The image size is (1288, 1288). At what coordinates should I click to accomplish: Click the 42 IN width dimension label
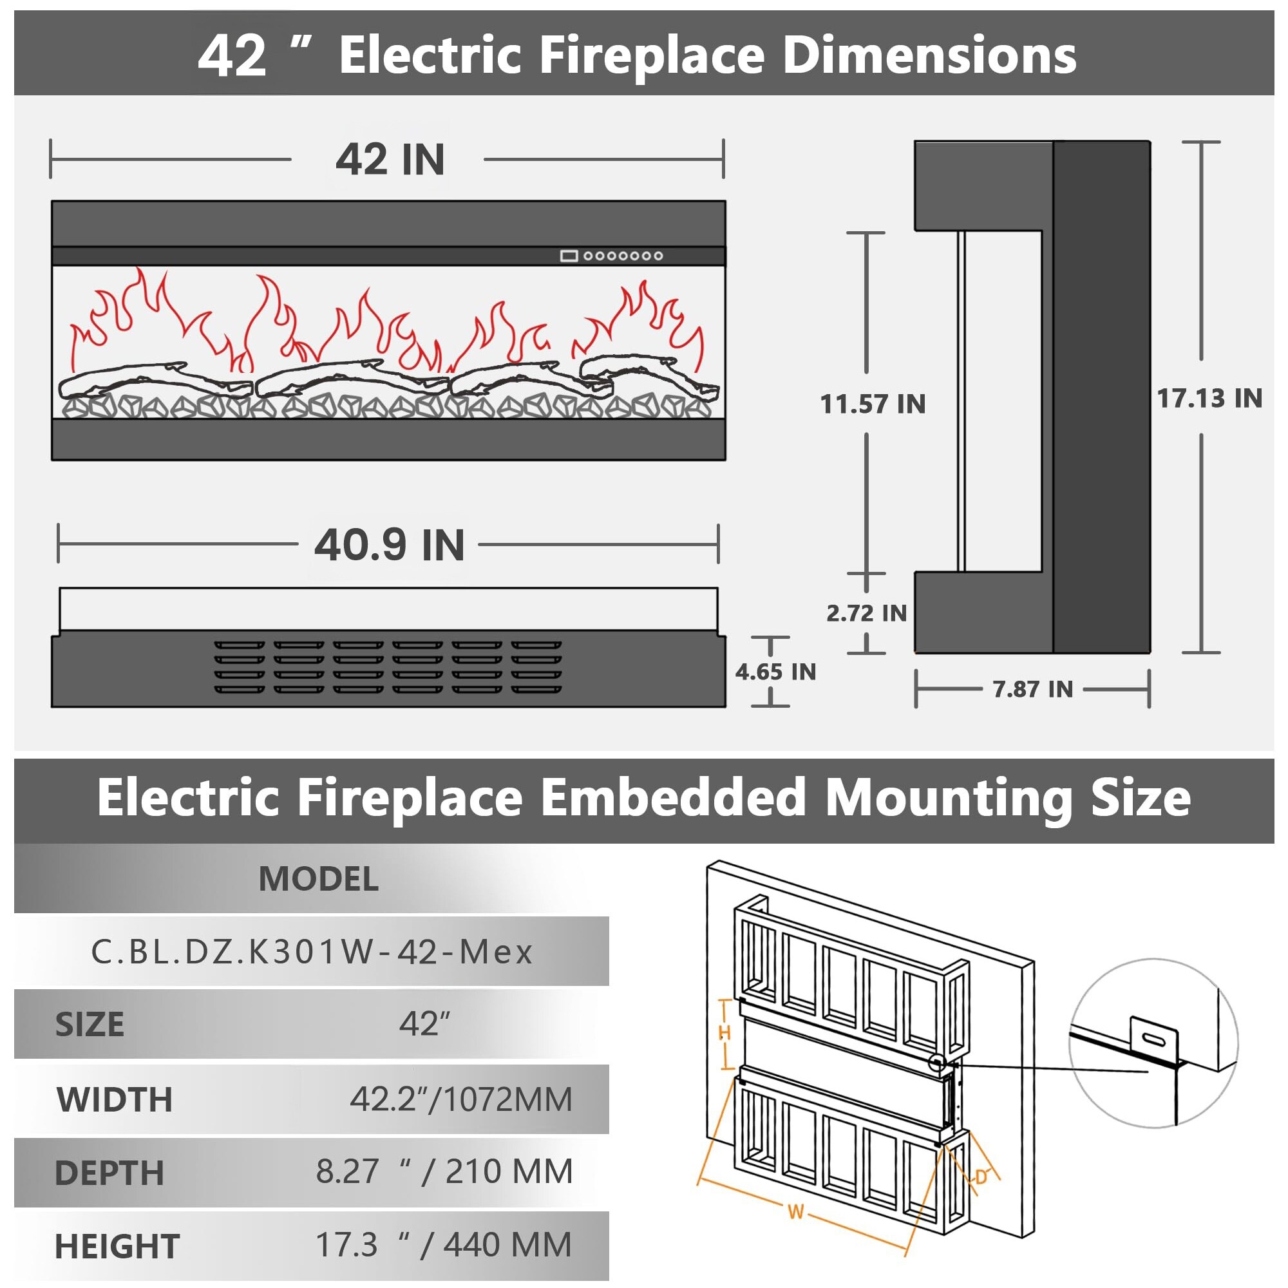coord(390,160)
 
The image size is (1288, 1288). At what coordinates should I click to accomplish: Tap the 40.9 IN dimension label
coord(390,545)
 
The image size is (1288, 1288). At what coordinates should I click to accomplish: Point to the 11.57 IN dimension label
coord(873,404)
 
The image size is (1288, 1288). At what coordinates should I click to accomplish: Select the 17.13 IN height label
coord(1209,399)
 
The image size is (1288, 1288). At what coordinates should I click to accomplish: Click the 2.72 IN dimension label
coord(867,613)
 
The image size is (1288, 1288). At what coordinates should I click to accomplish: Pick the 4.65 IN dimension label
coord(775,672)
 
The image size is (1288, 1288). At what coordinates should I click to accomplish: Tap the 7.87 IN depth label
coord(1033,689)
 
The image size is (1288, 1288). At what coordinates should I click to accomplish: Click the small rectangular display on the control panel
coord(569,256)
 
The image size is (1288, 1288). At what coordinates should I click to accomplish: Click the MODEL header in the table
coord(319,879)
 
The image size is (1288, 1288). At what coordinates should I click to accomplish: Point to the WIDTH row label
coord(115,1100)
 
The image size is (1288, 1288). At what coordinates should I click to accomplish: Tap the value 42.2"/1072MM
coord(461,1100)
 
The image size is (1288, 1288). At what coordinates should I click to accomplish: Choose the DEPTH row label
coord(109,1174)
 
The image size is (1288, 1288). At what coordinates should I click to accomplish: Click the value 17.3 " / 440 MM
coord(443,1245)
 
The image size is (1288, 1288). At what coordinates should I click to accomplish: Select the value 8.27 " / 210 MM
coord(444,1172)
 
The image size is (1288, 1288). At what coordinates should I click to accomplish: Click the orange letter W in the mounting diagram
coord(795,1211)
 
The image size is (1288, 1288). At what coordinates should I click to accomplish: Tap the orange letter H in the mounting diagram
coord(724,1034)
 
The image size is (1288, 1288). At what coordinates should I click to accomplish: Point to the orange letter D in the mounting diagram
coord(981,1177)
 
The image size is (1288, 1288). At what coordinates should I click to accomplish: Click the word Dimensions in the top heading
coord(929,55)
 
